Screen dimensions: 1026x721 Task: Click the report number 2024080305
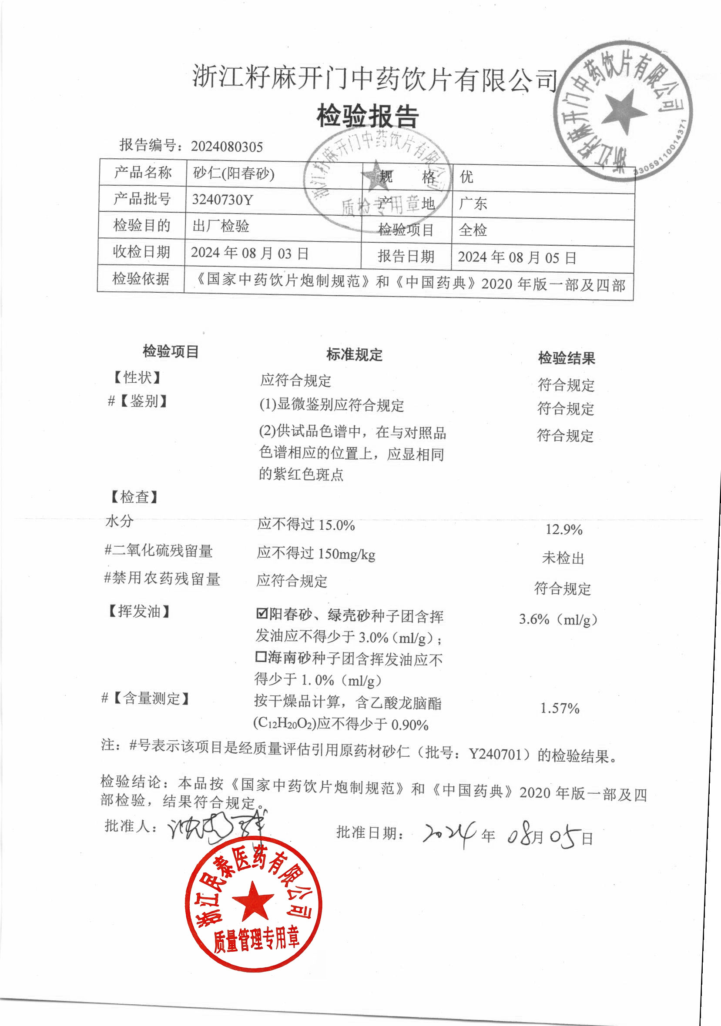pos(227,147)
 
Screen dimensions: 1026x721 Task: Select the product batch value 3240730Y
pos(223,199)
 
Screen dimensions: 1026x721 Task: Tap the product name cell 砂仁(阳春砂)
pos(233,174)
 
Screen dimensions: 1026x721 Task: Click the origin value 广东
pos(473,204)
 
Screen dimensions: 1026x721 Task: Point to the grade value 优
pos(466,177)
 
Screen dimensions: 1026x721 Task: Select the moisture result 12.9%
pos(563,530)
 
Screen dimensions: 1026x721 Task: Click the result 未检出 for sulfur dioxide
pos(563,558)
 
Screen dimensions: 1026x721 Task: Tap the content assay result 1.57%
pos(560,708)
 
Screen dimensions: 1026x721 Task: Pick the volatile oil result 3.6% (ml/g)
pos(558,619)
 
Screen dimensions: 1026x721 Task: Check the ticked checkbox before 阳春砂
pos(262,613)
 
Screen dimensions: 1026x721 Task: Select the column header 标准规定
pos(354,355)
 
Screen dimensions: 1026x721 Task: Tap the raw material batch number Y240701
pos(495,755)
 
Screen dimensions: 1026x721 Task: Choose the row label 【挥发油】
pos(139,612)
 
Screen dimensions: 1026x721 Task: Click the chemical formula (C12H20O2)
pos(285,723)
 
